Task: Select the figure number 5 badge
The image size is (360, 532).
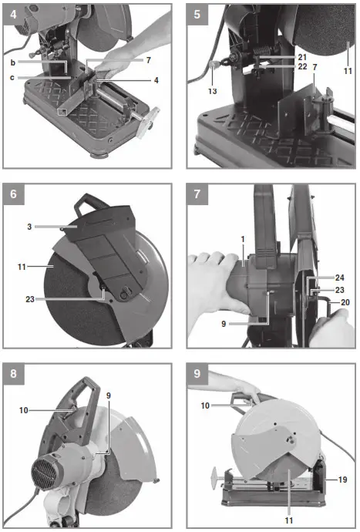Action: (198, 14)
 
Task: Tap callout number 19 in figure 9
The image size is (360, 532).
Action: (341, 479)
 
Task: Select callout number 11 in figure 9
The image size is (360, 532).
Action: (287, 510)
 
